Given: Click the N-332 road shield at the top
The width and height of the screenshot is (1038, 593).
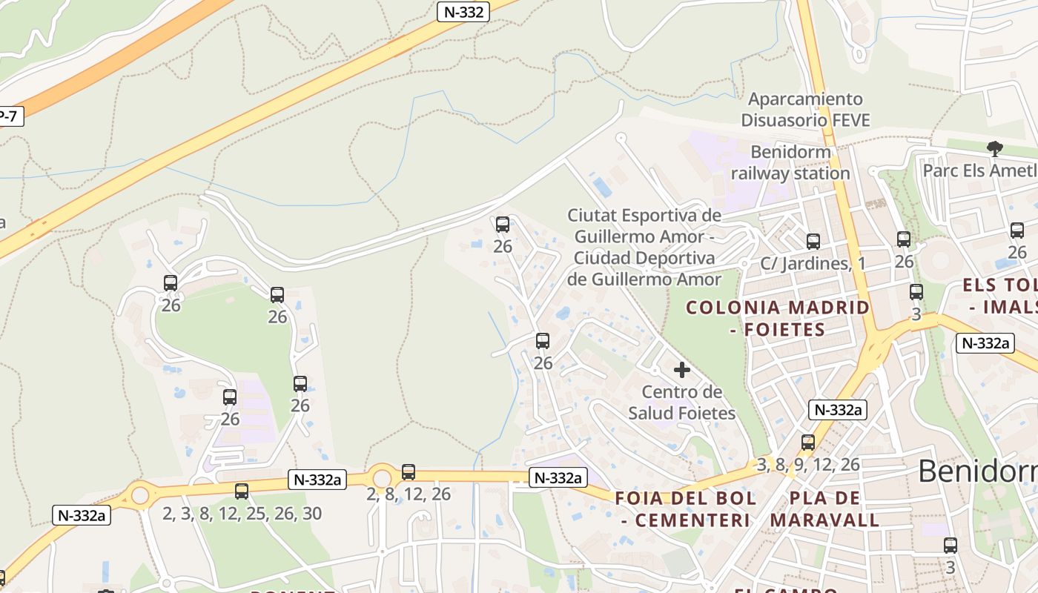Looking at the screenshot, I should pyautogui.click(x=463, y=12).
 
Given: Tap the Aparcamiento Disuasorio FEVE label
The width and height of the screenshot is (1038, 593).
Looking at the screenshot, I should pyautogui.click(x=805, y=109).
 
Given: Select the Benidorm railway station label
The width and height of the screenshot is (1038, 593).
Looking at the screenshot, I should pyautogui.click(x=790, y=162).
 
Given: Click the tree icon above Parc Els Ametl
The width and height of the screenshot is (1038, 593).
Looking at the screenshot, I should pyautogui.click(x=994, y=149).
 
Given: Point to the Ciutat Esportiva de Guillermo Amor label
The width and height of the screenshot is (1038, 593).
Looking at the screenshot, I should pyautogui.click(x=644, y=248).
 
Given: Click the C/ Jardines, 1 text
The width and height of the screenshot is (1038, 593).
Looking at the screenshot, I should pyautogui.click(x=813, y=263).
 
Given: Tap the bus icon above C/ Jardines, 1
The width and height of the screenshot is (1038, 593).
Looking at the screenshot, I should pyautogui.click(x=813, y=241).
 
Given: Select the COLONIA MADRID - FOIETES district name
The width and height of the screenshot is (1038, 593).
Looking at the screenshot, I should pyautogui.click(x=777, y=318).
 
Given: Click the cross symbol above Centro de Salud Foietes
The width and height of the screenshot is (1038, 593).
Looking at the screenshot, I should pyautogui.click(x=682, y=369).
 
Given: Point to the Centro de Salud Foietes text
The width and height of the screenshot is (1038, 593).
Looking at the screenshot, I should pyautogui.click(x=682, y=402).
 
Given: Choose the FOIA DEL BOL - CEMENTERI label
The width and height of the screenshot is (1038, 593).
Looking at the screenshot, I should pyautogui.click(x=686, y=508).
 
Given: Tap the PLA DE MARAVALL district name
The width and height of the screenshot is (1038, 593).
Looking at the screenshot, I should pyautogui.click(x=824, y=508).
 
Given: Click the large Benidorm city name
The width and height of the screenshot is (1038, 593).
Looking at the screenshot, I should pyautogui.click(x=977, y=471).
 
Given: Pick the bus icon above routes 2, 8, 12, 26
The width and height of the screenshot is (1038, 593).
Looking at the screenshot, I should pyautogui.click(x=409, y=471).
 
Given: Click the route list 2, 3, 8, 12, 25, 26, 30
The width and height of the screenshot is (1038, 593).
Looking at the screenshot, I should pyautogui.click(x=242, y=513).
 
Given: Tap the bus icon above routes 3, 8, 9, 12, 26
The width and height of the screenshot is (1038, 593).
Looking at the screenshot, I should pyautogui.click(x=808, y=443).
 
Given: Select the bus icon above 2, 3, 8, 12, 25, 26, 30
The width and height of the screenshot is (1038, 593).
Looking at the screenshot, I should pyautogui.click(x=242, y=491).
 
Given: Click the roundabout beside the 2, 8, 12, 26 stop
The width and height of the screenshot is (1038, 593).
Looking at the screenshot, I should pyautogui.click(x=383, y=477).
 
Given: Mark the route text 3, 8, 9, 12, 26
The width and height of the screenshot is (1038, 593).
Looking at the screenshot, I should pyautogui.click(x=808, y=465).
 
